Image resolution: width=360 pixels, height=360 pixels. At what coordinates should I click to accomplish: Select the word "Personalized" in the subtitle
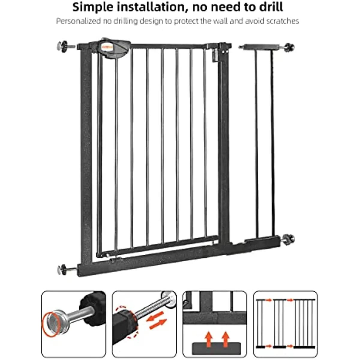pos(79,21)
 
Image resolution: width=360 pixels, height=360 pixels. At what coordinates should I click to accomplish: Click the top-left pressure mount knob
pos(62,46)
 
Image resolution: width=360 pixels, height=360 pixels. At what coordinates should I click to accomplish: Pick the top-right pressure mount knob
pos(289,47)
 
